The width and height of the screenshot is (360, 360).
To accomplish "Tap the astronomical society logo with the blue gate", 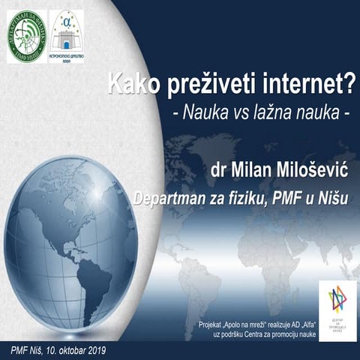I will [67, 35].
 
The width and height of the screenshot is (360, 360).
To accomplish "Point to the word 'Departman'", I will [171, 199].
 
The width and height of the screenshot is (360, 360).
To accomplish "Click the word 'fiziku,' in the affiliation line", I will [255, 199].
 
